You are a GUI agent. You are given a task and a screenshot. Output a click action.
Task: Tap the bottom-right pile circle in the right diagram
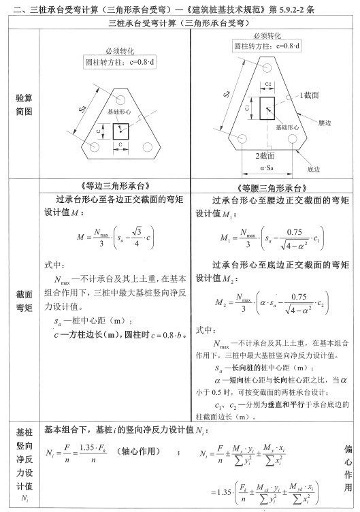293,140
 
